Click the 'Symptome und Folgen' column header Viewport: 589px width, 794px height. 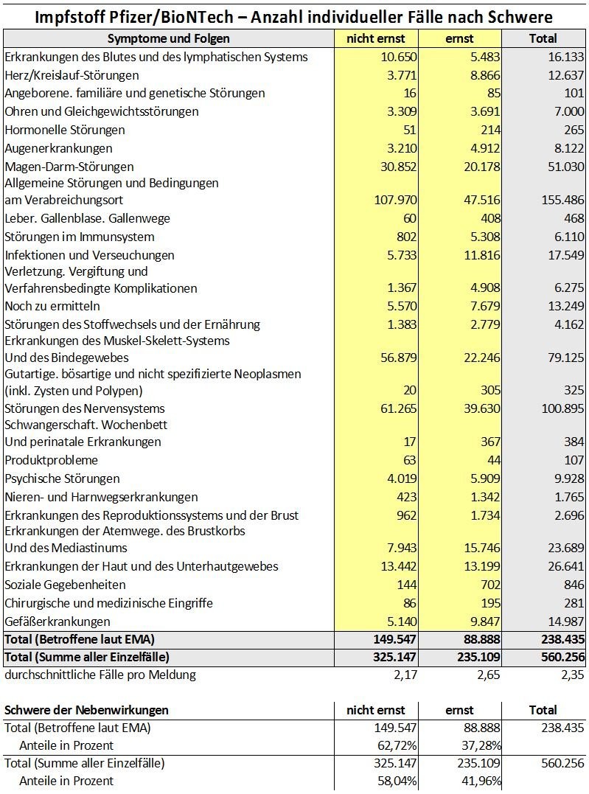(169, 38)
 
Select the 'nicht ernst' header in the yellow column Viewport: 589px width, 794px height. (376, 38)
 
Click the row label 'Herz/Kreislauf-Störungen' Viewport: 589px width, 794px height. (72, 75)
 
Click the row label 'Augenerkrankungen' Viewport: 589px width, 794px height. (58, 148)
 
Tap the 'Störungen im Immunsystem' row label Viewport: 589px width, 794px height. (80, 237)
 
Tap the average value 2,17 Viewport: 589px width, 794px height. (405, 675)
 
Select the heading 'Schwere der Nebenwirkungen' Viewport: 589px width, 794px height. (86, 710)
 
